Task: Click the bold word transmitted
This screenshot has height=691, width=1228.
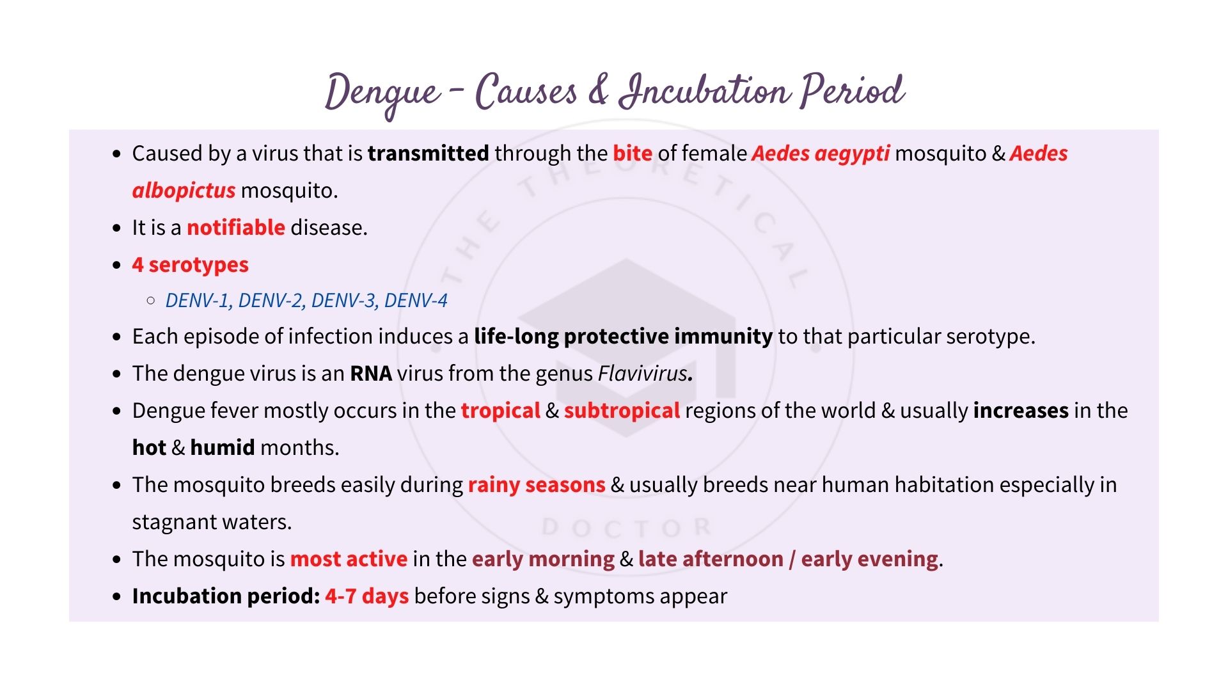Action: (x=428, y=154)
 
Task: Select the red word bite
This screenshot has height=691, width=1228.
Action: (x=632, y=154)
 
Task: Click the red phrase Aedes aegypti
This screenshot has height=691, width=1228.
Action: (x=821, y=154)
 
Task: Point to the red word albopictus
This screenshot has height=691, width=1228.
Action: (x=184, y=191)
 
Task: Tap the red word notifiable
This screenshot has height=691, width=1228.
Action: (x=235, y=228)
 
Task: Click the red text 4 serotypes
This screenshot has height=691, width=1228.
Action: (x=190, y=265)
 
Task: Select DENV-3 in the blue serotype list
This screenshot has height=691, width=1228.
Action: (x=344, y=301)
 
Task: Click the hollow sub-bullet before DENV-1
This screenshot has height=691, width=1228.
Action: (x=151, y=300)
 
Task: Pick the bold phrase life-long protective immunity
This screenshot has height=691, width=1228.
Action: (x=623, y=337)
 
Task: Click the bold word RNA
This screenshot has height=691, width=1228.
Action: (x=370, y=374)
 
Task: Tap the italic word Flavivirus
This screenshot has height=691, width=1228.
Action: (x=642, y=374)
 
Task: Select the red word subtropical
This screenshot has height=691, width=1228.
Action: (x=622, y=411)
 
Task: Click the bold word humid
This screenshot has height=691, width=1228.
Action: (x=222, y=448)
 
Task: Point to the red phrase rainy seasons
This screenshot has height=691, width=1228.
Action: (x=536, y=485)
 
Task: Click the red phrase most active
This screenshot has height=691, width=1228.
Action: (x=349, y=559)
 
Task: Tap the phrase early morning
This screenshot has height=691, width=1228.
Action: (x=543, y=559)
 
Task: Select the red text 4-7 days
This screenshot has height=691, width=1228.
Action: (x=366, y=596)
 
